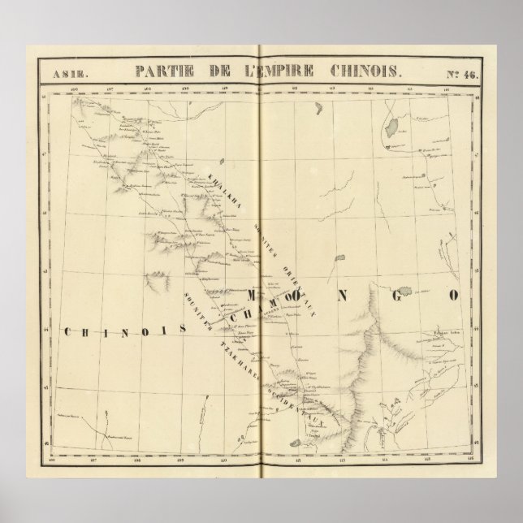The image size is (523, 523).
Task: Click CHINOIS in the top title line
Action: [365, 71]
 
